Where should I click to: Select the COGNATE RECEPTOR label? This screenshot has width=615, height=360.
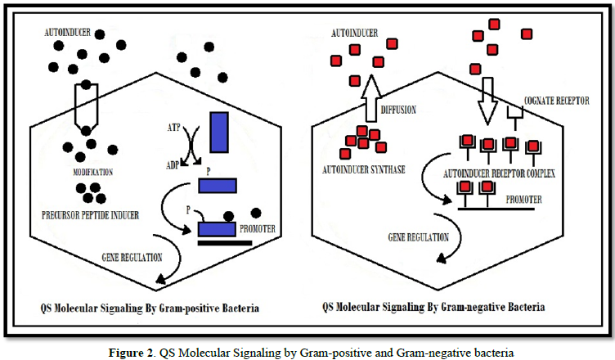pyautogui.click(x=553, y=104)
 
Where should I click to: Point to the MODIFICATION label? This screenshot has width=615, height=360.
pyautogui.click(x=89, y=172)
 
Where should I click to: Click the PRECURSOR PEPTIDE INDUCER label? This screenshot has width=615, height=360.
pyautogui.click(x=89, y=216)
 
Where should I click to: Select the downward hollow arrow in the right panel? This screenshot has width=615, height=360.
pyautogui.click(x=487, y=97)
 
